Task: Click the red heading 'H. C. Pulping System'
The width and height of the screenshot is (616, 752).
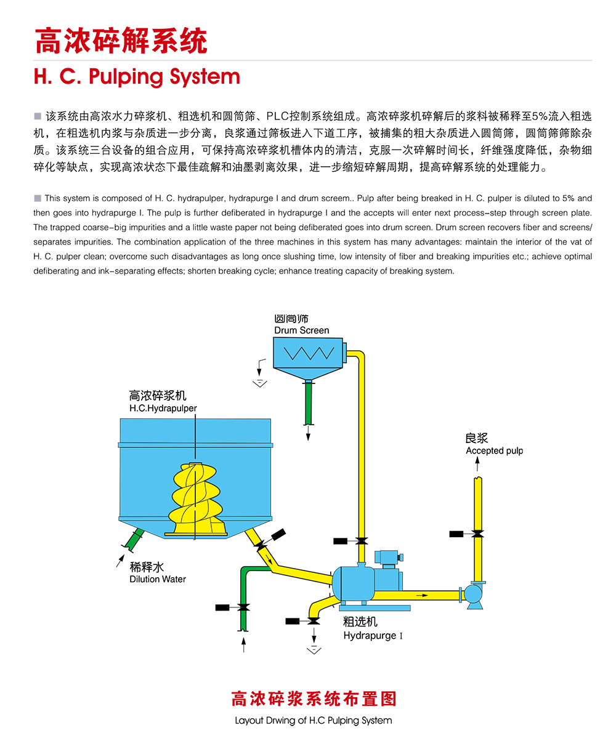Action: coord(137,77)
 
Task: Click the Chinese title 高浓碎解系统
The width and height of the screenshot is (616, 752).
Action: coord(121,41)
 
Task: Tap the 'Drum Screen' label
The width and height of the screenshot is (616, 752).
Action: coord(301,330)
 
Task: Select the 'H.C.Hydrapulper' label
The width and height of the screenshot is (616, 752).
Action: coord(163,408)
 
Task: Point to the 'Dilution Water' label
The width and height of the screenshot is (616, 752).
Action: coord(157,579)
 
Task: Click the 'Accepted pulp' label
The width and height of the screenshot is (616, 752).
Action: coord(494,450)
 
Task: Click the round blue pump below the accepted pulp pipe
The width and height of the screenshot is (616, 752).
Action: coord(474,594)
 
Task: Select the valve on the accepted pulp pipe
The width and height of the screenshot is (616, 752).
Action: coord(477,533)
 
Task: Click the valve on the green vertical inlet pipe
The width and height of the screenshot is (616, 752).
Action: coord(244,608)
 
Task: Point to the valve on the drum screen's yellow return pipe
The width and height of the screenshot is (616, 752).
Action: coord(362,541)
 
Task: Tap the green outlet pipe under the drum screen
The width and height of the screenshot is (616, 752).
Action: coord(309,403)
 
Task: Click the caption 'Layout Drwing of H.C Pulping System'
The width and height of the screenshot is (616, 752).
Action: coord(313,720)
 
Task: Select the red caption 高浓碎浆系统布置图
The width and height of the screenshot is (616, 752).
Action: coord(313,698)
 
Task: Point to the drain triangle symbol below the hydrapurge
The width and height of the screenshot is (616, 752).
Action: coord(314,649)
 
